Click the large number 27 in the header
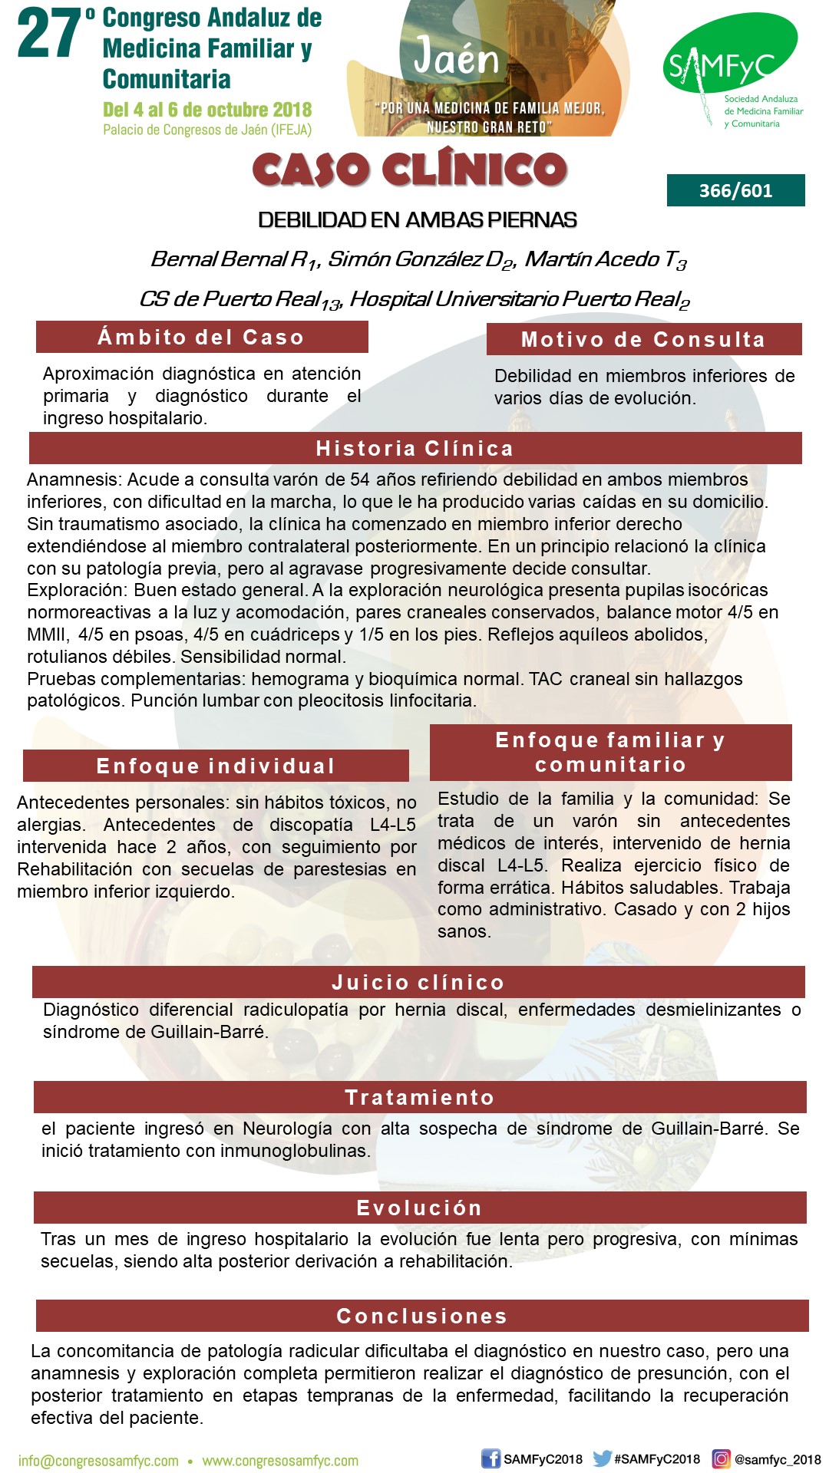click(x=50, y=35)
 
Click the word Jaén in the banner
click(x=456, y=58)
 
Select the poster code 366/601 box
click(x=735, y=190)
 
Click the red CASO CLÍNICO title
click(x=409, y=170)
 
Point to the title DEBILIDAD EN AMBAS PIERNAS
click(x=417, y=220)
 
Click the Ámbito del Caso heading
click(x=201, y=338)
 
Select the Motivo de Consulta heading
click(x=643, y=340)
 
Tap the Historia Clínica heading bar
click(x=414, y=449)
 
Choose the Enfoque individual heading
click(x=216, y=766)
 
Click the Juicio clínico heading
click(x=418, y=982)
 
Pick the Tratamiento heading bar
click(x=419, y=1097)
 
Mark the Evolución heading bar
click(x=419, y=1208)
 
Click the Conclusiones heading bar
click(x=421, y=1316)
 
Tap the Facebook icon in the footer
click(x=490, y=1459)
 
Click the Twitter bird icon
click(x=603, y=1458)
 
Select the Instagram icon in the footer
click(x=722, y=1459)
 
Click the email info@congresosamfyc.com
click(x=98, y=1461)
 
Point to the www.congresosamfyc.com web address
click(x=280, y=1461)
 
